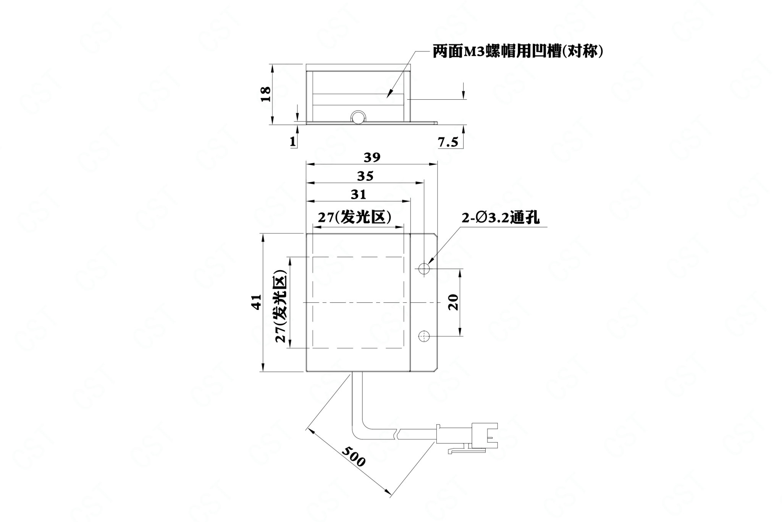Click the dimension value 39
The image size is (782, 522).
pos(372,157)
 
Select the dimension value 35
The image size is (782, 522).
pos(365,176)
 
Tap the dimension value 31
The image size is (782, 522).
pos(359,195)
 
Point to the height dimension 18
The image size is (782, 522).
pos(266,94)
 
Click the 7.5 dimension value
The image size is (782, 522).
pos(448,142)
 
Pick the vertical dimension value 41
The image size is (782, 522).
pos(256,302)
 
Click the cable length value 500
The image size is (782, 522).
pos(353,456)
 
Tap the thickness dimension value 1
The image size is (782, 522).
pos(293,142)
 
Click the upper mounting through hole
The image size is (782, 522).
pos(424,268)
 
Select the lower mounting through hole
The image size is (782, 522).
pos(424,336)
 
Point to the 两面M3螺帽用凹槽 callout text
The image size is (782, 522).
pos(518,52)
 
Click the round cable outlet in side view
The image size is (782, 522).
pos(359,117)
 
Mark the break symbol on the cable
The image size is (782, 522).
pos(398,434)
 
